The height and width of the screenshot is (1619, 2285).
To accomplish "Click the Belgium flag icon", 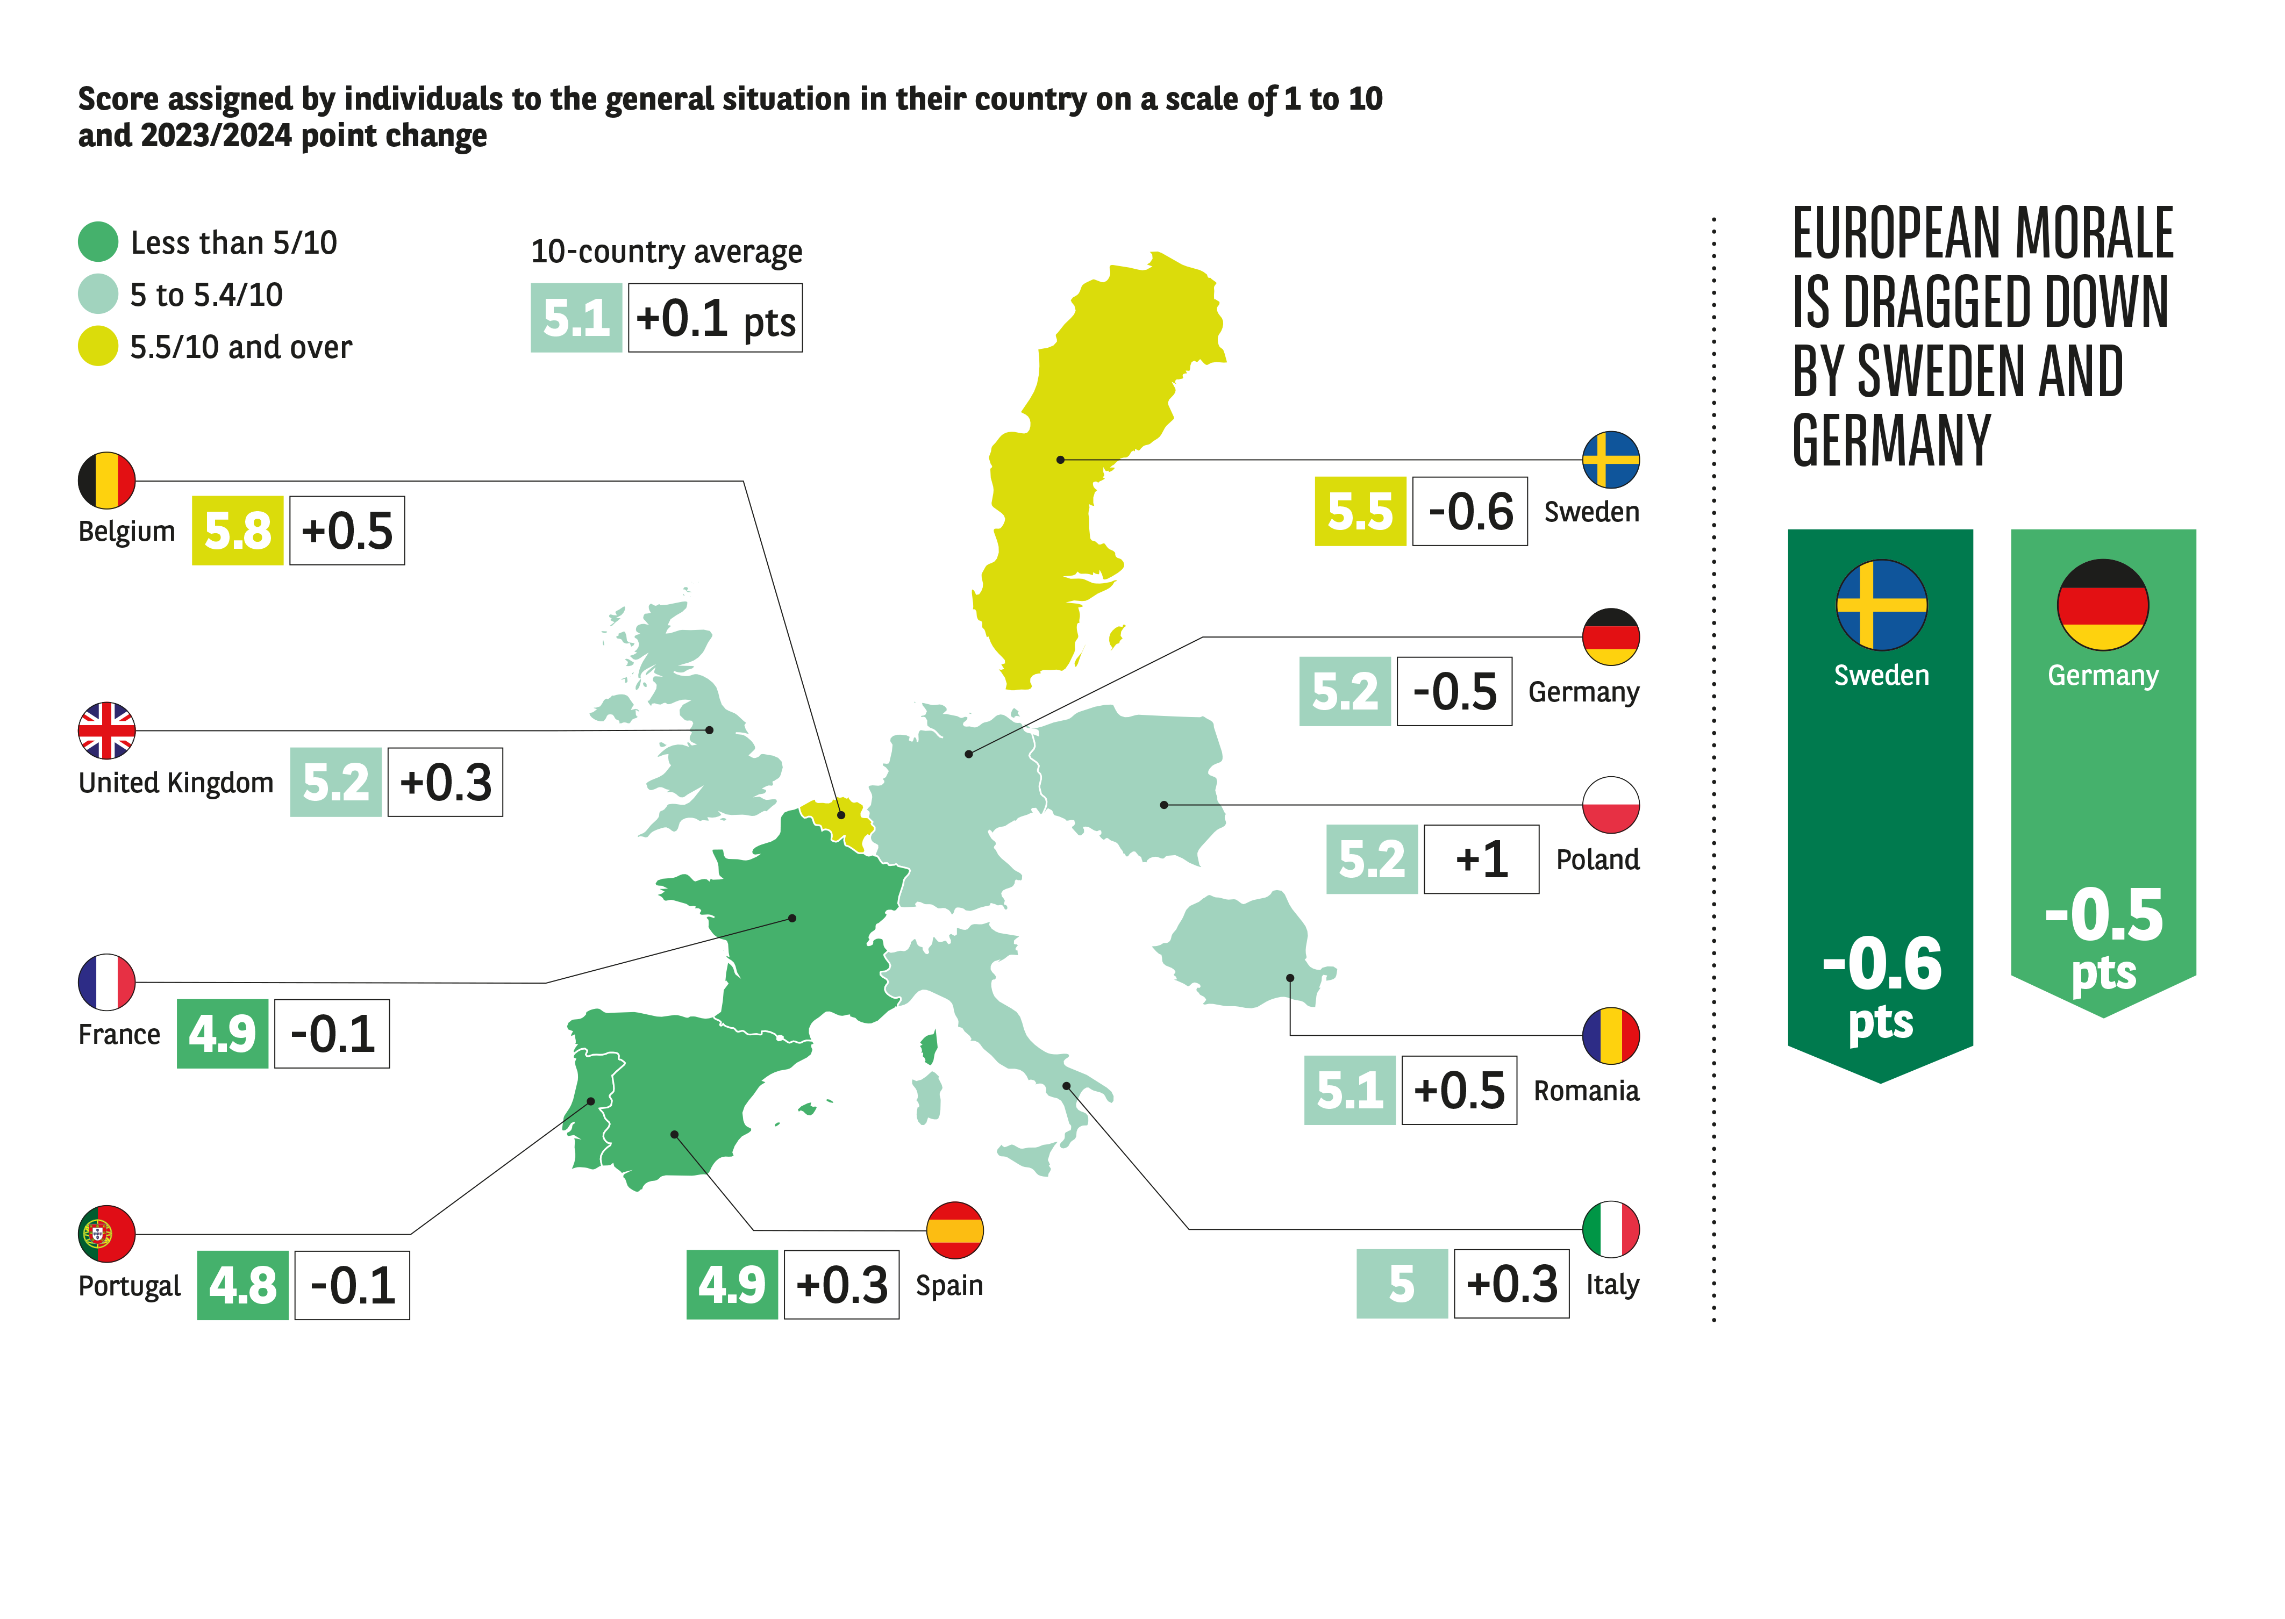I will click(106, 481).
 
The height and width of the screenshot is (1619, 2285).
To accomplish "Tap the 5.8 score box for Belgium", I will click(237, 531).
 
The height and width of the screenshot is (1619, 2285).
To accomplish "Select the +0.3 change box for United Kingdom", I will click(445, 783).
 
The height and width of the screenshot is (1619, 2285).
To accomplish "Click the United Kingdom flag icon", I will click(106, 730).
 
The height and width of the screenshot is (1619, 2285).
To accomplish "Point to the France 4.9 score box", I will click(223, 1034).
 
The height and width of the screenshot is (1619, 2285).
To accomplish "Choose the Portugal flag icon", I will click(106, 1234).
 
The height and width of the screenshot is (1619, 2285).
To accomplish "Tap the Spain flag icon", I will click(954, 1230).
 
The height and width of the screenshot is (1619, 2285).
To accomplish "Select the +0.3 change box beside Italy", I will click(1511, 1284).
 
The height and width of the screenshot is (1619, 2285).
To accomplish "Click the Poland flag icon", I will click(1610, 805).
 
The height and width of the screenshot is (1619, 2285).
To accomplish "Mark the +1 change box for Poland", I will click(1481, 859).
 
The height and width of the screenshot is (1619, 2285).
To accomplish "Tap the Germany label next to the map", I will click(1583, 692).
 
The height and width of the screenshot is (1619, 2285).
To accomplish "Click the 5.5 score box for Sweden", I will click(1360, 511).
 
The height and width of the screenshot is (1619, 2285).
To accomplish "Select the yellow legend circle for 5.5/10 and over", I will click(98, 346).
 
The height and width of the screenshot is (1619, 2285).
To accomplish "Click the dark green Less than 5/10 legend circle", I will click(98, 241).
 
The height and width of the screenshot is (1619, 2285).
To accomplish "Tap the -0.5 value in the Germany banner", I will click(2104, 915).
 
